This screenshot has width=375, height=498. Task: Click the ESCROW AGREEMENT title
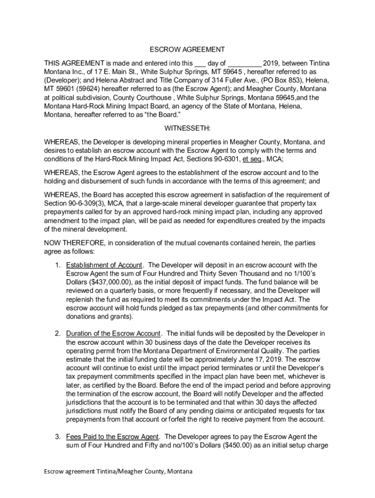point(187,50)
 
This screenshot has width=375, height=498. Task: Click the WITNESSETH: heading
point(187,128)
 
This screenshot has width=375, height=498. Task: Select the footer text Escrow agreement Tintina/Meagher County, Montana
point(118,472)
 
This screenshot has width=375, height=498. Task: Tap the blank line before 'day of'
point(200,63)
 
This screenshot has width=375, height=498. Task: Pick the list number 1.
point(57,265)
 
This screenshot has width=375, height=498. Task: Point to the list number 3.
point(57,437)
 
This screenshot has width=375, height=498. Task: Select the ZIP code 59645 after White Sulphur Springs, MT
point(206,71)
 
